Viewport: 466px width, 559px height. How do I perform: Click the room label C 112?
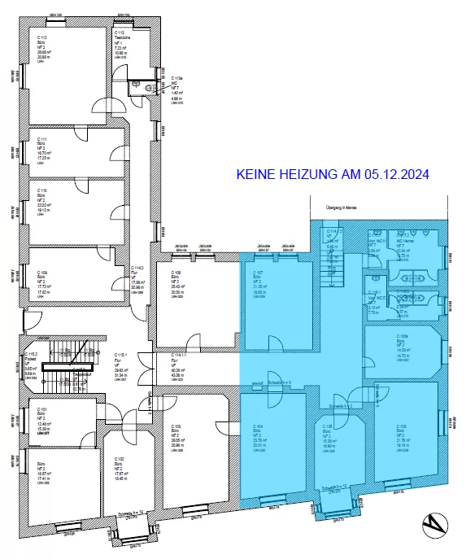41,38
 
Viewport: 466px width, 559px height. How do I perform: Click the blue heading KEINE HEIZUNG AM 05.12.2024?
332,174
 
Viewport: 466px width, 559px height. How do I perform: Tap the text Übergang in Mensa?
342,208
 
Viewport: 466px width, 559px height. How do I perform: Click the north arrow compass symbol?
438,526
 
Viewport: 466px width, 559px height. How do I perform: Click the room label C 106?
402,426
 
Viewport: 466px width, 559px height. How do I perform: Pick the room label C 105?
329,426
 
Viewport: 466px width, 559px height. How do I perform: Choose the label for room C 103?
176,426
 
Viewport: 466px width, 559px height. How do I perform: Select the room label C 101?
41,410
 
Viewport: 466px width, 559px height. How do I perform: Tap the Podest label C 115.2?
33,356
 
